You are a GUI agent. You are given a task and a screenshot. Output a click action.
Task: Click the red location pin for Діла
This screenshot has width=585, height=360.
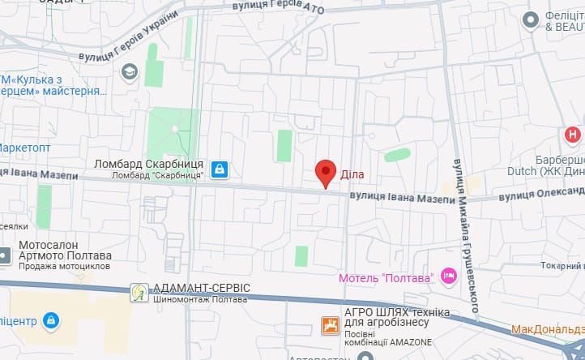pos(326,173)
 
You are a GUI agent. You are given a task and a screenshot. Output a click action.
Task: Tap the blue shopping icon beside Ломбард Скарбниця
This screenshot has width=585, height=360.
pos(219,169)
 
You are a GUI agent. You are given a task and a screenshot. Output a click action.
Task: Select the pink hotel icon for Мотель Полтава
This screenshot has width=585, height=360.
pos(449,278)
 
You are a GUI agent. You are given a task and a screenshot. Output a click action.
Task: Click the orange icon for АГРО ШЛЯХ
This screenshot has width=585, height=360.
pos(330,326)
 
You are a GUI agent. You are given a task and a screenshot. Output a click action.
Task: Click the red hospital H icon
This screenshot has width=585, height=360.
pos(574,135)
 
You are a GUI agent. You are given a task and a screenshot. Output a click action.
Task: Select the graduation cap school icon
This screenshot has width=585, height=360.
pos(129,73)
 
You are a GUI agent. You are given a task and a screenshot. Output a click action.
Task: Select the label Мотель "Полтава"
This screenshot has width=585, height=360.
pos(386,278)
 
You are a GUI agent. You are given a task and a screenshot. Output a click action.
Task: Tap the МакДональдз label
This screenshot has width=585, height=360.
pos(548,330)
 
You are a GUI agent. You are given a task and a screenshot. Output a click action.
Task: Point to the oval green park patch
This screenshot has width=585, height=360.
pos(397,154)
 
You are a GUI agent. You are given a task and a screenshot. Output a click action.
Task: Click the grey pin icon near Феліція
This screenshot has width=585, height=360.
pos(532,19)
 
